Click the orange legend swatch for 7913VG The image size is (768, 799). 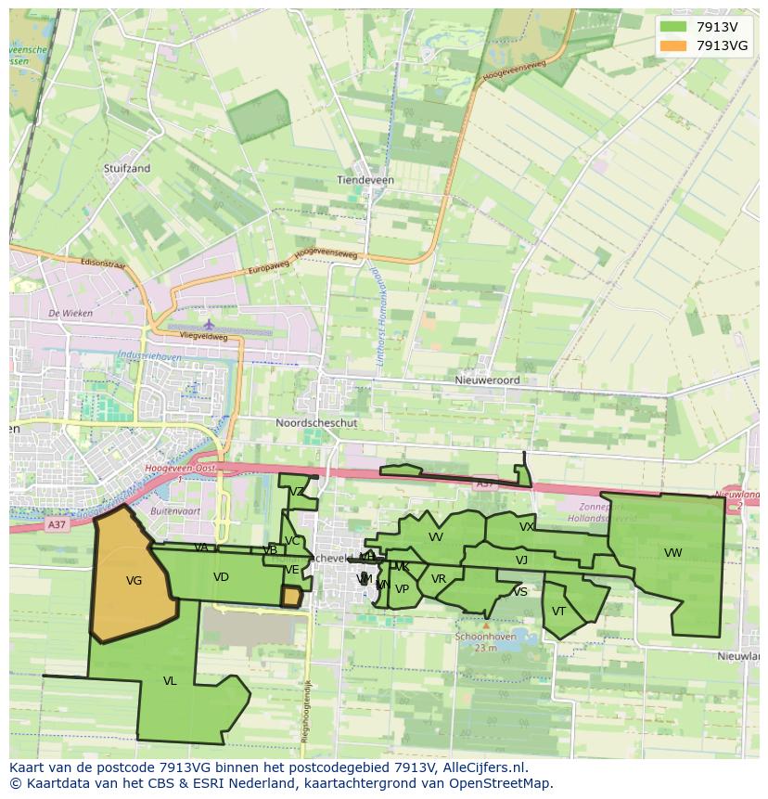click(x=674, y=45)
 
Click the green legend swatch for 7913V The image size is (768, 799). click(x=674, y=27)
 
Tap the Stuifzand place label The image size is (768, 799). click(x=127, y=169)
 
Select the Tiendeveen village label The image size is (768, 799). click(x=365, y=180)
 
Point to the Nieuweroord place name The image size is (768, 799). click(x=487, y=380)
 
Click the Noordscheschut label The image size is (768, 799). click(x=316, y=422)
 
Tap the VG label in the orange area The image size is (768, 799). click(x=134, y=581)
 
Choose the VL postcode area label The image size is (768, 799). click(x=170, y=681)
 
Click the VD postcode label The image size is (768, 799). click(x=221, y=577)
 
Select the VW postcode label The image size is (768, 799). click(x=673, y=553)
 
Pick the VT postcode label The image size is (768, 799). click(x=558, y=612)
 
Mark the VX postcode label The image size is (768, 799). click(x=527, y=527)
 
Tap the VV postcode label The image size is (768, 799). click(x=436, y=537)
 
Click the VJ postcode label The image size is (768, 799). click(x=521, y=560)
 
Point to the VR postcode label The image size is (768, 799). click(x=439, y=579)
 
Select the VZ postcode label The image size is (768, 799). click(x=297, y=492)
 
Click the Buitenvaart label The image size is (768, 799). click(x=175, y=511)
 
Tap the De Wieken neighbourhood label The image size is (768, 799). click(x=70, y=314)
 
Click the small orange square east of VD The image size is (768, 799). click(x=291, y=597)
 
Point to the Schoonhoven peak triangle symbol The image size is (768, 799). click(x=485, y=625)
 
